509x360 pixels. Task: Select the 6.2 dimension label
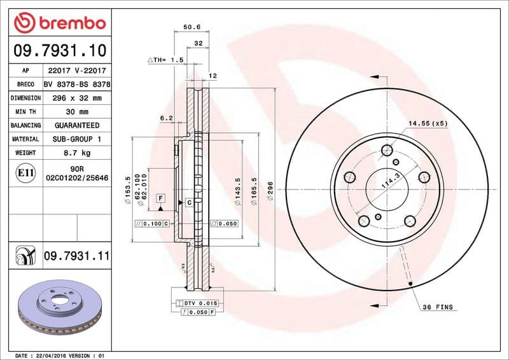click(166, 118)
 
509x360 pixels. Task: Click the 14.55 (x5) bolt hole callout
click(428, 123)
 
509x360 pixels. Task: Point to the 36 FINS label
click(438, 307)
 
